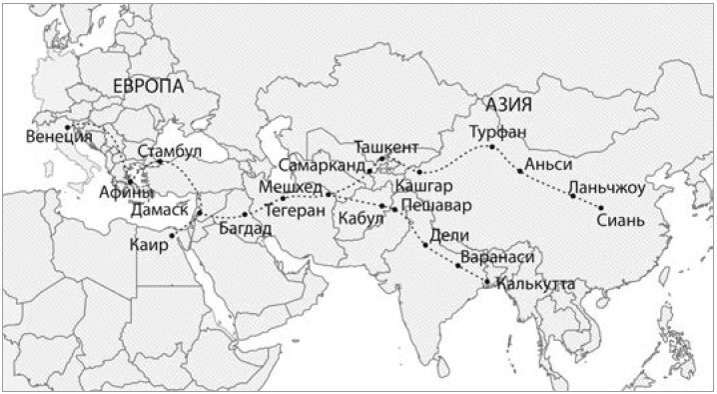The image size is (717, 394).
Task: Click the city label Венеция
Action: pyautogui.click(x=58, y=137)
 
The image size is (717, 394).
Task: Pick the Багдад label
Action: pyautogui.click(x=244, y=229)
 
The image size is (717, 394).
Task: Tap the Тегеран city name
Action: pyautogui.click(x=294, y=212)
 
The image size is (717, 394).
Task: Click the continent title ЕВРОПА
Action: pyautogui.click(x=149, y=87)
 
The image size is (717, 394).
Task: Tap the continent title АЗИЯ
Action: pyautogui.click(x=506, y=104)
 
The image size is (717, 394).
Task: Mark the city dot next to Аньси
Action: pyautogui.click(x=520, y=171)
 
